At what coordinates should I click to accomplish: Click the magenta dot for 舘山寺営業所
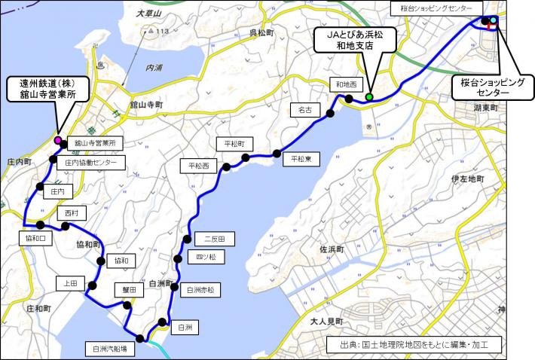(57, 140)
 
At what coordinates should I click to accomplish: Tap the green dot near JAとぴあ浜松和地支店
(369, 97)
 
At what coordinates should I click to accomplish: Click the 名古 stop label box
(305, 110)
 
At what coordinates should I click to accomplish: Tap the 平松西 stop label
(198, 164)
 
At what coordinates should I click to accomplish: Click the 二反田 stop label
(215, 239)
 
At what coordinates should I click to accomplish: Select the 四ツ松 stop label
(206, 258)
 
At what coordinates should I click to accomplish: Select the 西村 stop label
(72, 213)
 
